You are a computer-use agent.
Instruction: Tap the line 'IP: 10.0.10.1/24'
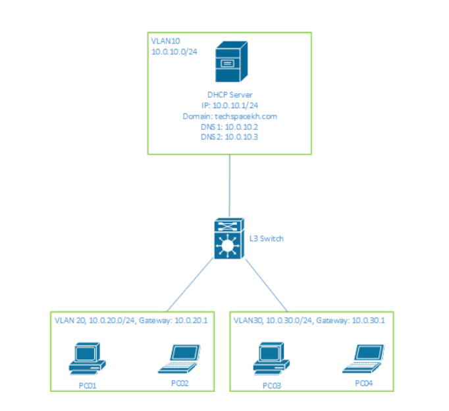click(229, 106)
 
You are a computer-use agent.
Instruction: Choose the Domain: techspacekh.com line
click(229, 116)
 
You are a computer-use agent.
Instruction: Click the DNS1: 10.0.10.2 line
click(229, 126)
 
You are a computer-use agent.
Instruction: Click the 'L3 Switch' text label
click(267, 238)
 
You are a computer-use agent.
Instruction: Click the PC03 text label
click(272, 385)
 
